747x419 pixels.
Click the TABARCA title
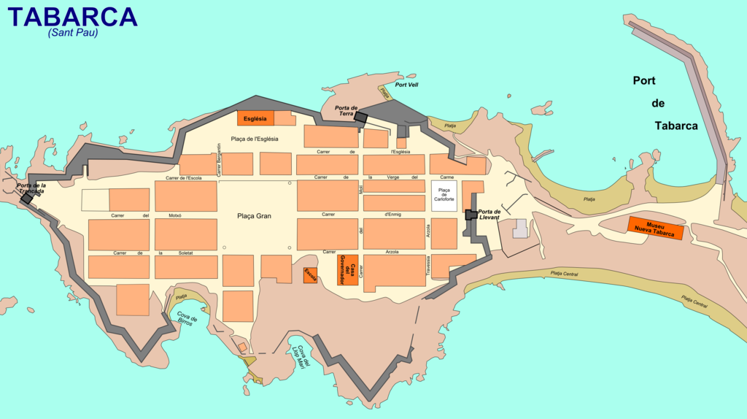tap(72, 17)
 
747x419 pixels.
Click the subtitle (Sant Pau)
tap(73, 33)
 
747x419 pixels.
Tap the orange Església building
tap(255, 118)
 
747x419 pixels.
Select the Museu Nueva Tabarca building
tap(655, 228)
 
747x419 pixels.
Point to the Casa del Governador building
tap(347, 270)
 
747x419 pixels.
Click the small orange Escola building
tap(310, 275)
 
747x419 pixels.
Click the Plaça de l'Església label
tap(255, 139)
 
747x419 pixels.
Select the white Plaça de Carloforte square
tap(444, 196)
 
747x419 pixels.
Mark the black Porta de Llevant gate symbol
tap(471, 214)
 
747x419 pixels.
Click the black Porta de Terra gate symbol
tap(361, 118)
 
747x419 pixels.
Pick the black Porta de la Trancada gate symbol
tap(27, 199)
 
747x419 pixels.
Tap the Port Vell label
tap(406, 85)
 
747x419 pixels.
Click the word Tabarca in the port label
tap(676, 126)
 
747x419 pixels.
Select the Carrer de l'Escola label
tap(184, 178)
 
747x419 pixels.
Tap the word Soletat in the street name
tap(185, 253)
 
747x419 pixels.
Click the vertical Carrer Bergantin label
tap(218, 159)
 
